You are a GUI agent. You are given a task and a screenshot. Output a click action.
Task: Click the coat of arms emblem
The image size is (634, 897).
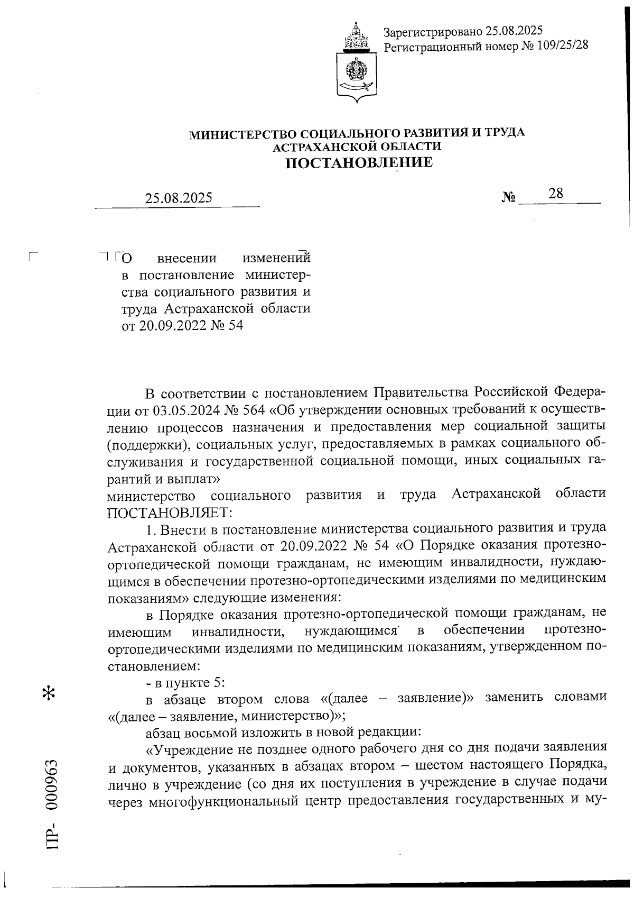357,59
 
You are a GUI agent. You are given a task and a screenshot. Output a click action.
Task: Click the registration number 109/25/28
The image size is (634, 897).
562,46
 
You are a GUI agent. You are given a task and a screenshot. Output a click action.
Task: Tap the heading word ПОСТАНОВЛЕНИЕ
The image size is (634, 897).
359,162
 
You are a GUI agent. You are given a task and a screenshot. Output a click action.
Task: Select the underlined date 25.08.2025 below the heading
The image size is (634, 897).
179,198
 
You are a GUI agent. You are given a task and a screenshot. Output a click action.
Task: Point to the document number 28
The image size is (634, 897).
556,194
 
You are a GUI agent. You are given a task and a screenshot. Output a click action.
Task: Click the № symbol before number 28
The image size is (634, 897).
508,198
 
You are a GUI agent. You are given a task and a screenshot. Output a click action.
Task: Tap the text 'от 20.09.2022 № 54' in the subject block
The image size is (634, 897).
182,326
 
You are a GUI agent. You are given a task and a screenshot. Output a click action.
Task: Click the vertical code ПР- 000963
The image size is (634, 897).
53,804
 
